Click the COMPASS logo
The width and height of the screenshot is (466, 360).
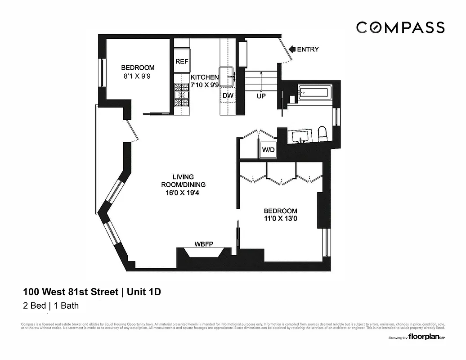point(400,27)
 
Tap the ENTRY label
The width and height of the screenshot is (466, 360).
point(308,49)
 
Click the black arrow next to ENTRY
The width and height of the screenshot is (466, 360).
point(291,49)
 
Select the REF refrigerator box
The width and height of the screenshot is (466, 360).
point(181,62)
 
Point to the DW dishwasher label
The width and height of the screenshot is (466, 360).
point(228,95)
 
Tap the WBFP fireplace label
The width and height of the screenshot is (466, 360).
point(203,244)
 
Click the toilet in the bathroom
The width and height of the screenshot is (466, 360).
point(323,133)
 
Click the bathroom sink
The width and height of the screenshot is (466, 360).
point(300,136)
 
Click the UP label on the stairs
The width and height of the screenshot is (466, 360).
point(261,96)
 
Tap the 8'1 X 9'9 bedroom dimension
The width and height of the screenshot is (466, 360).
point(137,76)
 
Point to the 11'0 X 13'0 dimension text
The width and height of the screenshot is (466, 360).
point(280,220)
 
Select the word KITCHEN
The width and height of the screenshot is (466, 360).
point(204,77)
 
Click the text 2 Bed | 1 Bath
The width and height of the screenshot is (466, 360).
point(50,306)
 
